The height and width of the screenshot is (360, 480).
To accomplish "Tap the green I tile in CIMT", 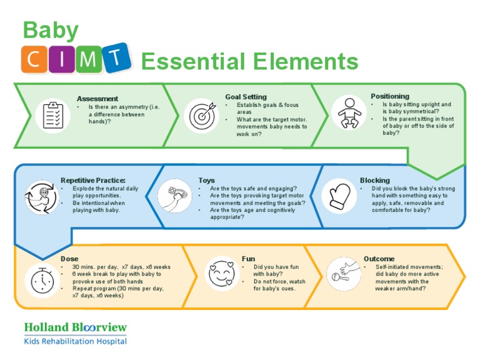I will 62,60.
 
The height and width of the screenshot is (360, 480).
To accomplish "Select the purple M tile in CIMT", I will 89,60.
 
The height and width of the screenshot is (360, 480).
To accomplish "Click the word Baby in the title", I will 51,30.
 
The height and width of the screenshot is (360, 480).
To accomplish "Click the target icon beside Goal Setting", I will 201,116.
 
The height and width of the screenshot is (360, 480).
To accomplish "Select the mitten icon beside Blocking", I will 339,196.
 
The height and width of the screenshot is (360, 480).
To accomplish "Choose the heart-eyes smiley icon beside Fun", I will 220,272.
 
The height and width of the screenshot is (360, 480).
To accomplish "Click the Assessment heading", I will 97,99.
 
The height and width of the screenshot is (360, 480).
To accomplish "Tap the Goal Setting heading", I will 246,97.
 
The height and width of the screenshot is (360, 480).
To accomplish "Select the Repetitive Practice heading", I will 93,181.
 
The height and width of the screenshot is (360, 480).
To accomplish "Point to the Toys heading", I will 206,181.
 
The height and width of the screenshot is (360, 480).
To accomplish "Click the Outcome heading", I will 379,259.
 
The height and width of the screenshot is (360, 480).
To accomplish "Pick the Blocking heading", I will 374,181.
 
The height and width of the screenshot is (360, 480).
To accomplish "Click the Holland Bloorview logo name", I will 75,327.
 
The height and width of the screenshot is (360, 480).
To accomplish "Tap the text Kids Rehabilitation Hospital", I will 75,341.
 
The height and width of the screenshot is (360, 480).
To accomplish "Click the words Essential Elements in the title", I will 250,62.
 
